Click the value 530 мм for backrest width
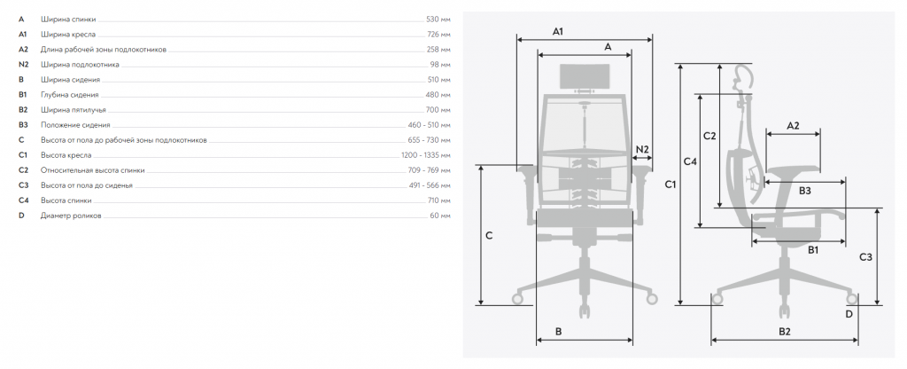(x=438, y=20)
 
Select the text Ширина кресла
(x=68, y=35)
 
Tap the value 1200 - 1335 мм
(x=425, y=155)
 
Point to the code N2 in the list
(x=23, y=65)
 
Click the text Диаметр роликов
(x=71, y=216)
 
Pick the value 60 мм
(x=439, y=216)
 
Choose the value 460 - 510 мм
(x=429, y=125)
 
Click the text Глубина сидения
(x=69, y=95)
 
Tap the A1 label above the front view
(x=558, y=32)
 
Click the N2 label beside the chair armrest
(x=642, y=149)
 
